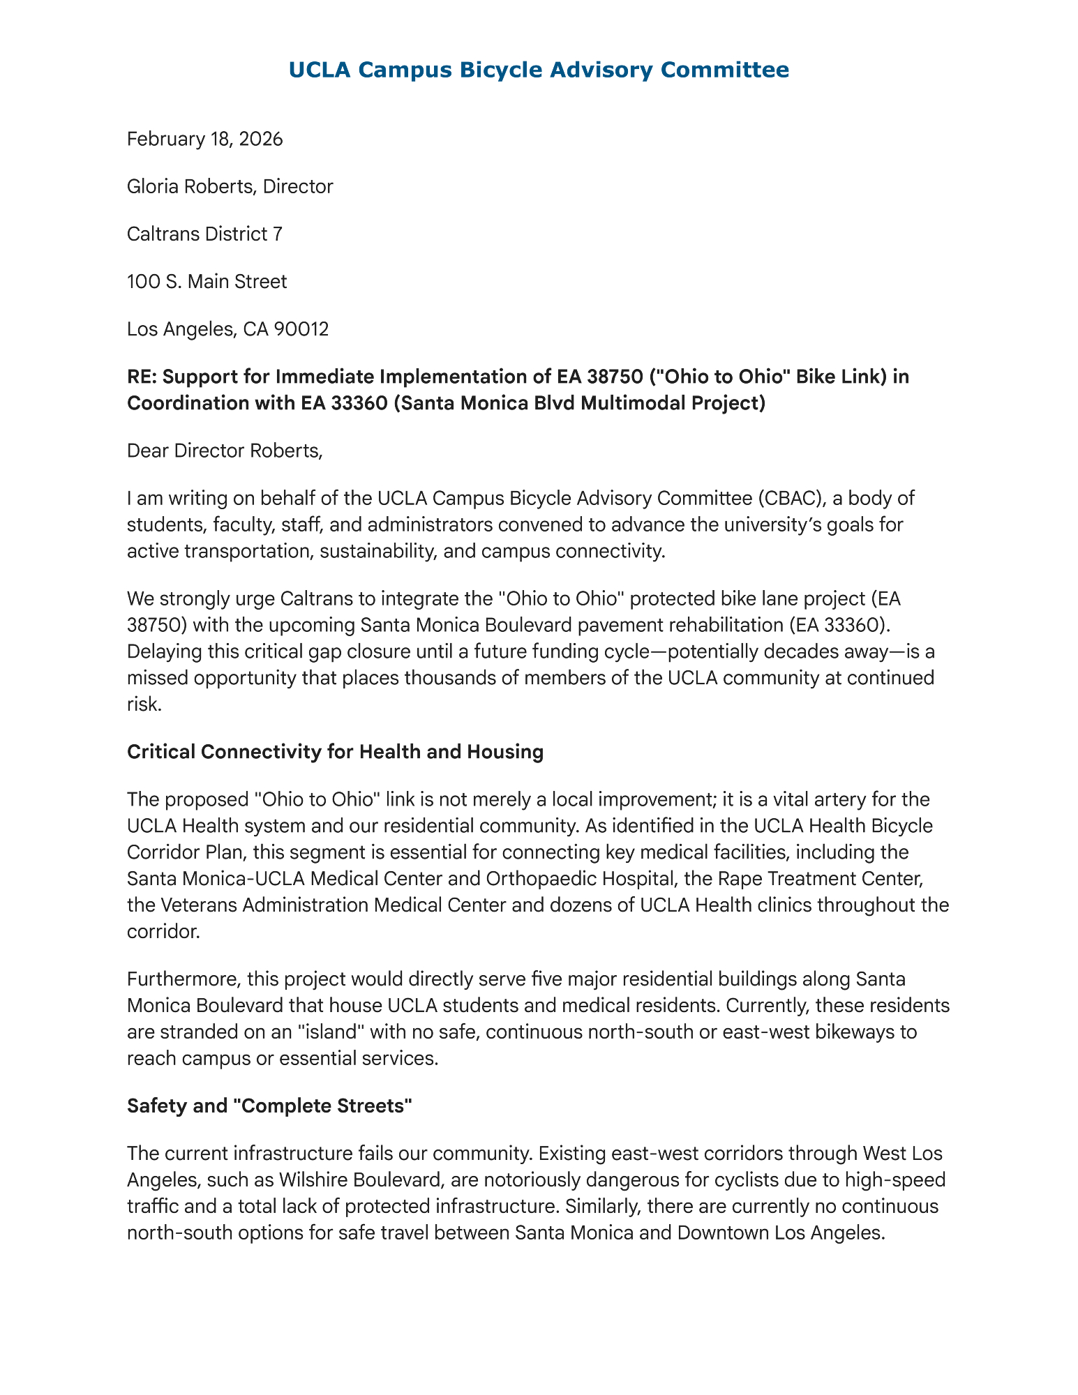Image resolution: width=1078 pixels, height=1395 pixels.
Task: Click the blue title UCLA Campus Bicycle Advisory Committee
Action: tap(538, 70)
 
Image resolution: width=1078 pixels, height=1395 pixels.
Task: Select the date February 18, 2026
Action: tap(204, 139)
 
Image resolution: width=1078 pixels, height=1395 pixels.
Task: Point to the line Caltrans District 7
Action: tap(204, 234)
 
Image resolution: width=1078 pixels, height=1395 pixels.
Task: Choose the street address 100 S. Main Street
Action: tap(207, 282)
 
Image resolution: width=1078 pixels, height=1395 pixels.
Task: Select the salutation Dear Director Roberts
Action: tap(225, 451)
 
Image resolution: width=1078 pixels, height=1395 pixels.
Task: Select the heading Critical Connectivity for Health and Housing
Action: tap(335, 752)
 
